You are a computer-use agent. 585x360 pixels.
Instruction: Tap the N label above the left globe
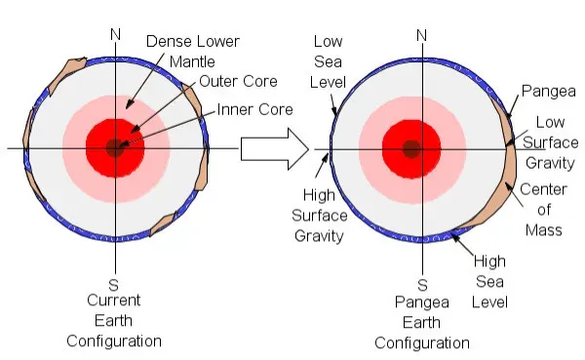click(116, 35)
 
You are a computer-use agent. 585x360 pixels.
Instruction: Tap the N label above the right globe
click(422, 35)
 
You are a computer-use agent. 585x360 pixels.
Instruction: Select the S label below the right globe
click(422, 285)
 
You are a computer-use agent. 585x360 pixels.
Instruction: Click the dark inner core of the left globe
click(116, 148)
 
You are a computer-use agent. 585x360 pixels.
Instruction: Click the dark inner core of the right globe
click(411, 148)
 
